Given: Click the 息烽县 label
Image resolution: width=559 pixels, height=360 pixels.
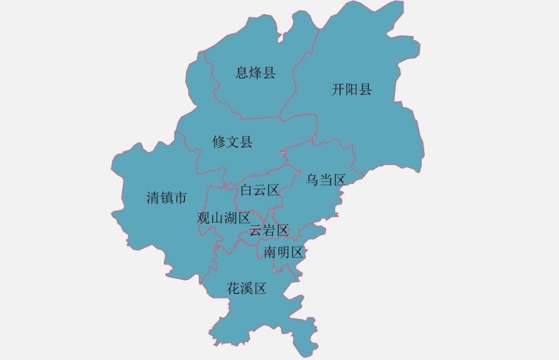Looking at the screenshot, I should [x=255, y=73].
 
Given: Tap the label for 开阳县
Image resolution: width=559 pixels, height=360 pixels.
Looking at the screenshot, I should [x=351, y=89].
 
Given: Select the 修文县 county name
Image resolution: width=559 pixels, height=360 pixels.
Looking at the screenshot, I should [x=232, y=142].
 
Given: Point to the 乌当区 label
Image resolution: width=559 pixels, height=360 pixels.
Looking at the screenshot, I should [x=325, y=179].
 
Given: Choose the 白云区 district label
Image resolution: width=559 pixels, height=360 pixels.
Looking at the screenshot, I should [x=260, y=190].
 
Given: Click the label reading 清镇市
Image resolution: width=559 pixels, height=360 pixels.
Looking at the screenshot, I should [x=166, y=197].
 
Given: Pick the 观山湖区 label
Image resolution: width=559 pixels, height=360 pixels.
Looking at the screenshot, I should [x=223, y=218].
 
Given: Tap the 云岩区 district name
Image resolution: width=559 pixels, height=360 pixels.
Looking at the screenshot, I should [x=269, y=230].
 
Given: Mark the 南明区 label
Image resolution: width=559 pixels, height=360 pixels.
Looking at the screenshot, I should [x=283, y=252].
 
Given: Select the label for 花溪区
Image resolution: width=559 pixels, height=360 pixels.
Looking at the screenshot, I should [x=246, y=289].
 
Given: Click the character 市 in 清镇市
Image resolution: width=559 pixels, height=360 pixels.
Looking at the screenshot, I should [x=180, y=197].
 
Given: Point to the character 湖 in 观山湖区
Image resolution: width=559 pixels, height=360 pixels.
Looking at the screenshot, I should [x=230, y=218].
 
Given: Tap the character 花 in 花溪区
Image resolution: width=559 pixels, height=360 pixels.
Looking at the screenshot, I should [x=233, y=289].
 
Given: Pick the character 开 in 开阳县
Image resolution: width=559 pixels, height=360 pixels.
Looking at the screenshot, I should [x=338, y=89].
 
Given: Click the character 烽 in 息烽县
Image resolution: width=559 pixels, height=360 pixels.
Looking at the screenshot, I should [x=255, y=73].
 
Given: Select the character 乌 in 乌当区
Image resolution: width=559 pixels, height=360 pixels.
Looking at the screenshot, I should [x=312, y=179].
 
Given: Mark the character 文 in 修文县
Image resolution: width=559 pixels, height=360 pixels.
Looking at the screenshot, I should [x=232, y=142].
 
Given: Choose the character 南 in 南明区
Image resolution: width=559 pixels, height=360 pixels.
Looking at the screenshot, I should [x=270, y=252].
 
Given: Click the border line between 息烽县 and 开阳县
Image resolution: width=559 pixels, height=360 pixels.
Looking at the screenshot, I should [x=295, y=76].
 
